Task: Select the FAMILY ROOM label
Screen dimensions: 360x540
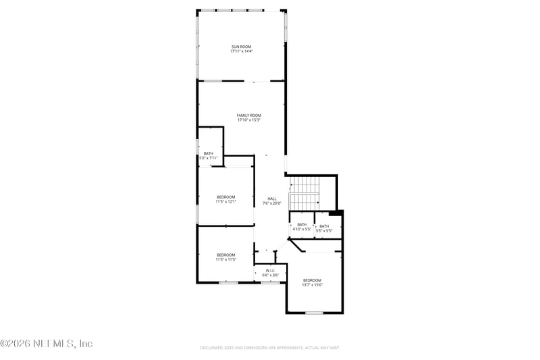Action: coord(248,115)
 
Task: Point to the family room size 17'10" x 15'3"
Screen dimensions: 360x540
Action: coord(248,120)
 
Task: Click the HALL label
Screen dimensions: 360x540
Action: coord(272,199)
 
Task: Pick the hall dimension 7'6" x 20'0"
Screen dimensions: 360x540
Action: coord(272,203)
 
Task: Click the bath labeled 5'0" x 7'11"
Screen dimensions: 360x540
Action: coord(209,156)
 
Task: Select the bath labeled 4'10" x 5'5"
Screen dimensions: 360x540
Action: coord(302,227)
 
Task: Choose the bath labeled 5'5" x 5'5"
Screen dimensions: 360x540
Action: coord(325,228)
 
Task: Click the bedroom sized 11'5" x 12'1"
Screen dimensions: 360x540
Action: coord(225,199)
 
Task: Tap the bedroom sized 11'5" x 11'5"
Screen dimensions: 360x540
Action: coord(225,257)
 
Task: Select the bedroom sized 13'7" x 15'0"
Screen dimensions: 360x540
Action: coord(312,282)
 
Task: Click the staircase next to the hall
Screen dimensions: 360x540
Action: coord(304,193)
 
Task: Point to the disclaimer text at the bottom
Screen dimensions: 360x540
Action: coord(269,347)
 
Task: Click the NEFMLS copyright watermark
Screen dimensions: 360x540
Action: coord(46,344)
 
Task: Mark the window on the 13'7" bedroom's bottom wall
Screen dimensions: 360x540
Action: coord(314,313)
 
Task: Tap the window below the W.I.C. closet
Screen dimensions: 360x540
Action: coord(271,282)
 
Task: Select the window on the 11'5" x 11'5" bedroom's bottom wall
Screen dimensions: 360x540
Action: coord(228,282)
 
